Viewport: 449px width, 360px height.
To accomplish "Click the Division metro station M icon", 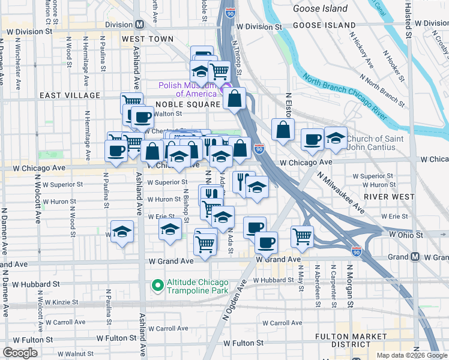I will coord(139,25).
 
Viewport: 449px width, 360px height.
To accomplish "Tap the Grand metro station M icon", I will coord(415,257).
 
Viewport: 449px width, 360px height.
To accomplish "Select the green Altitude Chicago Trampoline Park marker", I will coord(158,286).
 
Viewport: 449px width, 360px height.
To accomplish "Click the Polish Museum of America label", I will coord(187,89).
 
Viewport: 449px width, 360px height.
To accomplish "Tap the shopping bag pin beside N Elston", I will coord(283,129).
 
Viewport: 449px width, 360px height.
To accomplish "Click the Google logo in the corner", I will coord(20,352).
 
